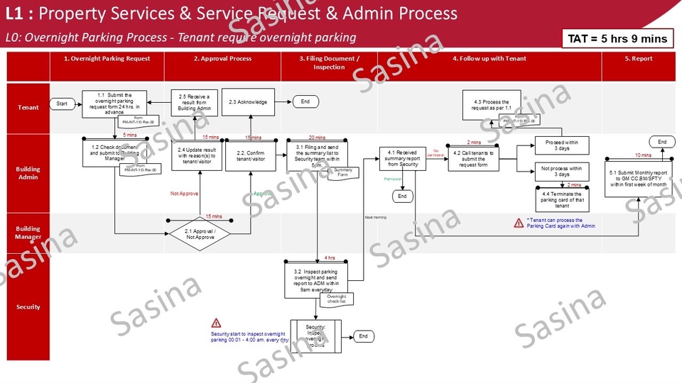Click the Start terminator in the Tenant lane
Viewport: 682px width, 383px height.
click(x=62, y=104)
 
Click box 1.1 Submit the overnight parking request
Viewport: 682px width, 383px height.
click(x=114, y=103)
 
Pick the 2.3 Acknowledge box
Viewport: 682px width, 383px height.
click(x=248, y=102)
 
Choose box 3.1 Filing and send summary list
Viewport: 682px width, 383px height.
click(x=317, y=153)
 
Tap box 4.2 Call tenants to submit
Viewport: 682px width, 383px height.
click(x=473, y=157)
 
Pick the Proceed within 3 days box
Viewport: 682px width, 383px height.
click(x=562, y=146)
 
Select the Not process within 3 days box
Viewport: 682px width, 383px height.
click(x=562, y=171)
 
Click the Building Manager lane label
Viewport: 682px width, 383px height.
click(x=28, y=233)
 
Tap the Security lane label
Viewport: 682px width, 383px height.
click(x=28, y=307)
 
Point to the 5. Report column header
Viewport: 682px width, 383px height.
click(x=638, y=59)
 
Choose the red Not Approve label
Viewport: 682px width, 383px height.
click(x=184, y=193)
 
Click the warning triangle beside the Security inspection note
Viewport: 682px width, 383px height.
click(x=217, y=323)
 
